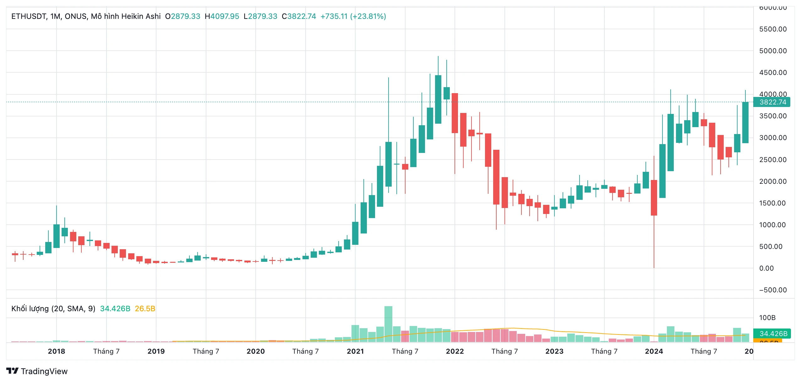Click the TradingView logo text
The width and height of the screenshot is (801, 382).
(44, 371)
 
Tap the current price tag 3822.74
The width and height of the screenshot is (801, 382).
(772, 102)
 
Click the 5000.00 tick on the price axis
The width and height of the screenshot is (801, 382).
(773, 51)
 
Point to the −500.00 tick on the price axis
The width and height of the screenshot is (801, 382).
(773, 290)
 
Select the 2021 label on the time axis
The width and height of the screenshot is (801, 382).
(355, 351)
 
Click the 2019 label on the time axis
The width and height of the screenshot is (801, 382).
(156, 351)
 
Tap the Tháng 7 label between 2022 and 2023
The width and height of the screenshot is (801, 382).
(504, 351)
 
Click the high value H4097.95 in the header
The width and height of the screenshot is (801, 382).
(222, 16)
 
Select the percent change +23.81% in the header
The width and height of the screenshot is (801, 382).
(368, 16)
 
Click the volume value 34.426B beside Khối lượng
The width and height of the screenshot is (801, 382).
(115, 309)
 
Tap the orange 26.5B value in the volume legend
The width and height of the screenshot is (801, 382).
(145, 309)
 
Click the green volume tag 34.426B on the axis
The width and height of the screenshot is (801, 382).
(773, 334)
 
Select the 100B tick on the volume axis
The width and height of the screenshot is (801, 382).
(767, 318)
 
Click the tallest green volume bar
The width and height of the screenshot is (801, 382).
(388, 324)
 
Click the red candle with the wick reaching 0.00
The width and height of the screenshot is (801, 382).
(654, 198)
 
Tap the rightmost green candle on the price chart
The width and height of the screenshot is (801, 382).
(745, 123)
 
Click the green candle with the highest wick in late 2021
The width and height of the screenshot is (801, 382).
(438, 99)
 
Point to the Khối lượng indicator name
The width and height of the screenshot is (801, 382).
(30, 309)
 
